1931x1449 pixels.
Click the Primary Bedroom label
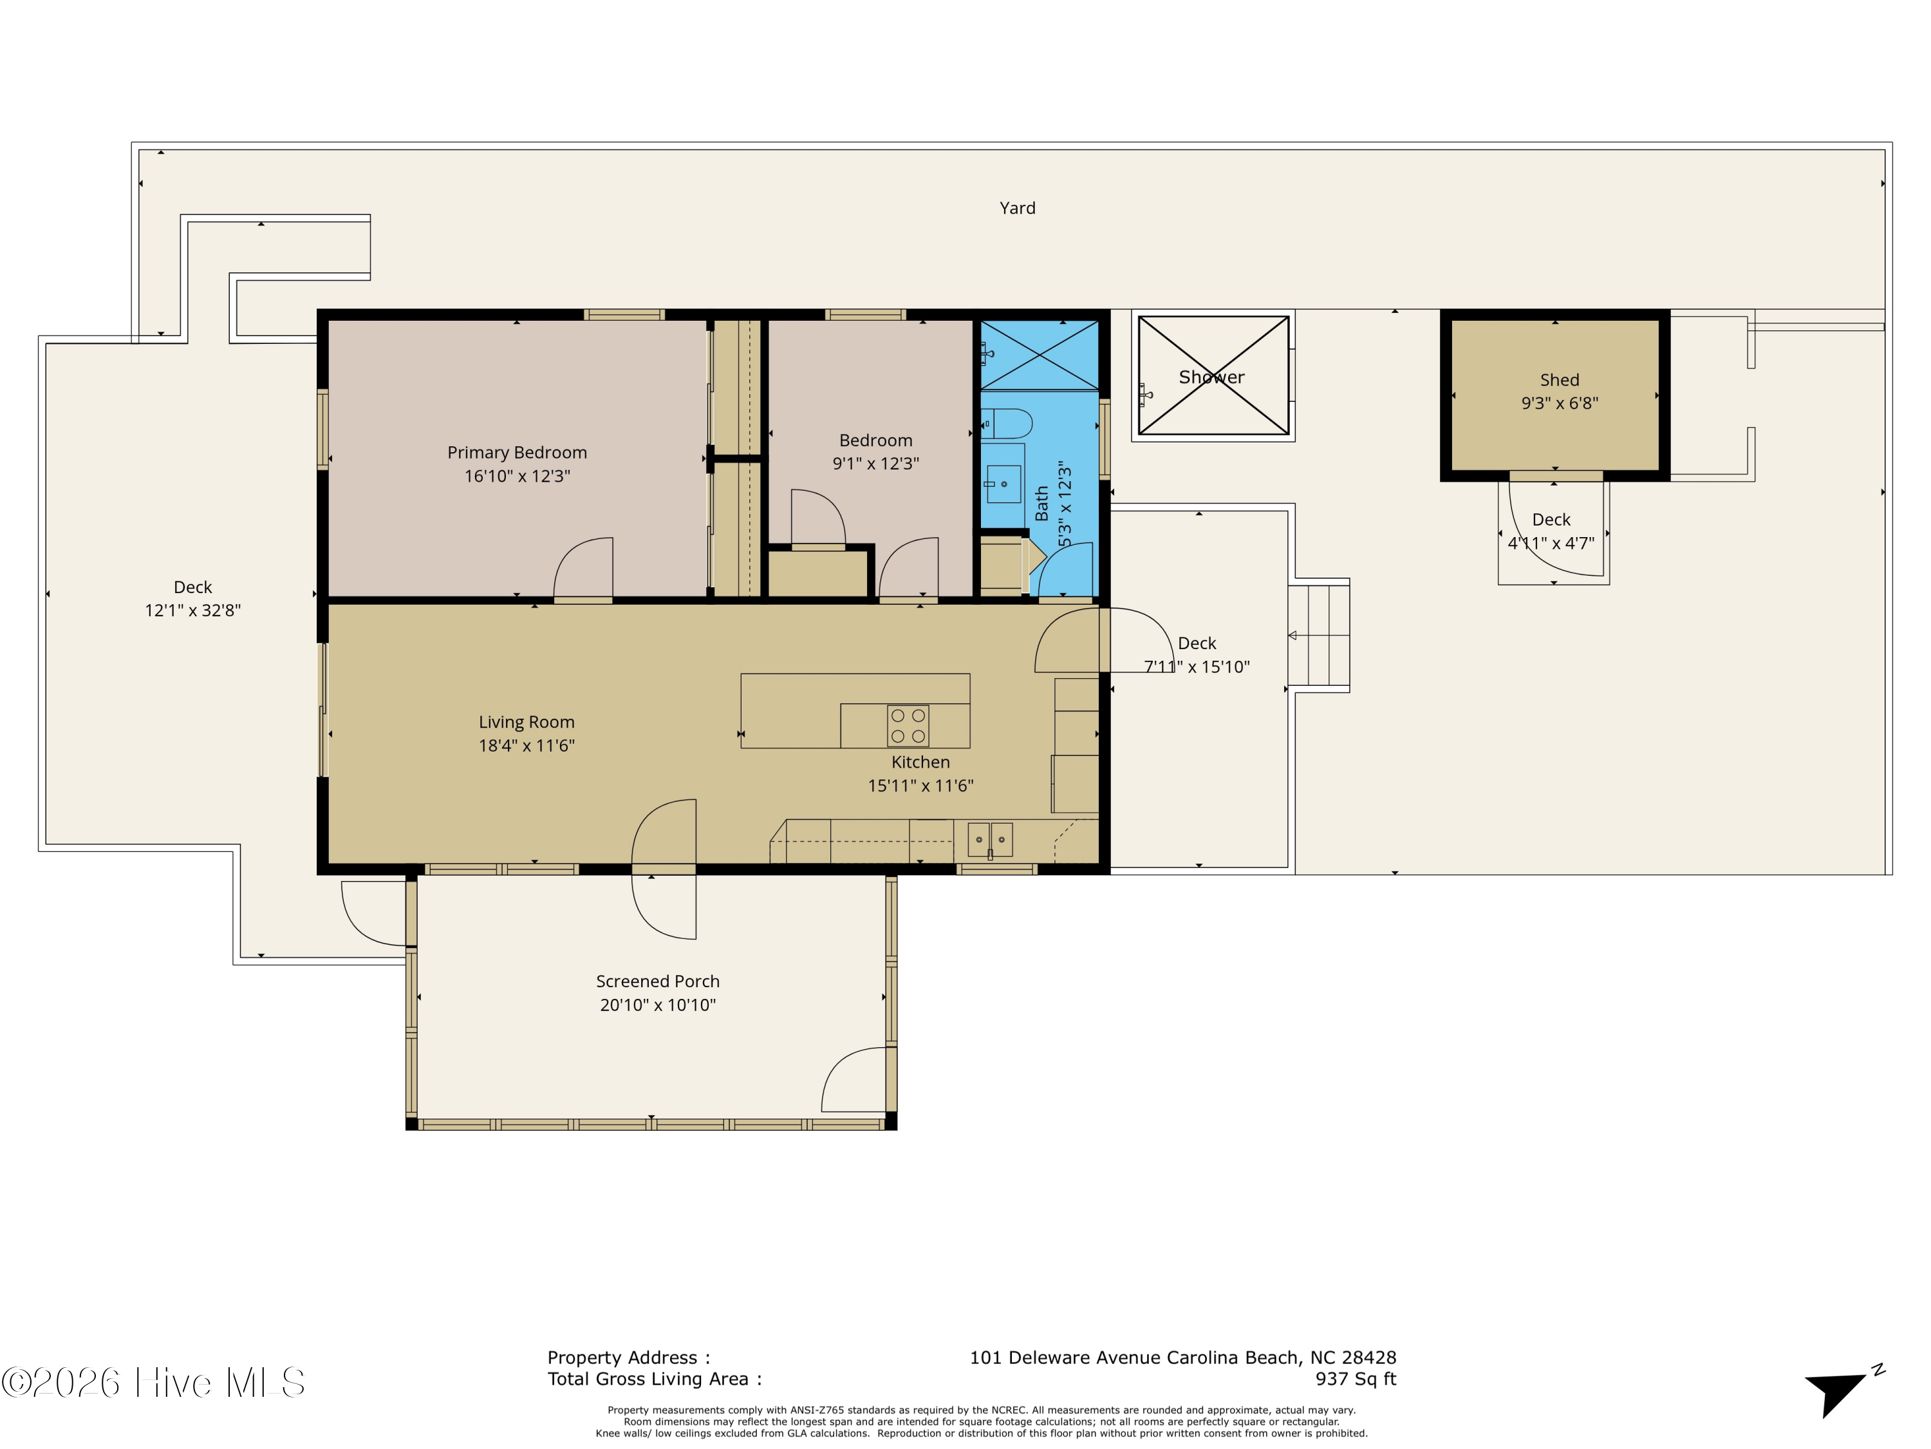coord(517,453)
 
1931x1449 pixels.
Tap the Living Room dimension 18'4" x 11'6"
coord(527,745)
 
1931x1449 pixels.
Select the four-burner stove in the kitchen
coord(908,726)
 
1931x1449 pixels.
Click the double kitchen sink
coord(990,839)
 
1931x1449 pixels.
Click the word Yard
coord(1017,208)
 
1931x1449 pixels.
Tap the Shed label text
coord(1559,380)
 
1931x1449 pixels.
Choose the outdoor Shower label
coord(1211,377)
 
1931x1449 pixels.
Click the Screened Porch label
coord(657,981)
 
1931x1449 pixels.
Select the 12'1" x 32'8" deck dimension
coord(193,611)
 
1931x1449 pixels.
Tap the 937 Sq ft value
coord(1356,1379)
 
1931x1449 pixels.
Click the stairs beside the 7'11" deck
coord(1319,635)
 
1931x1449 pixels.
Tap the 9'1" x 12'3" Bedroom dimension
coord(875,464)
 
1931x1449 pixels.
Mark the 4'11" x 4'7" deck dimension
coord(1551,544)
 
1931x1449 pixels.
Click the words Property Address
coord(622,1358)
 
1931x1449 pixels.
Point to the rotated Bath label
coord(1041,504)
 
